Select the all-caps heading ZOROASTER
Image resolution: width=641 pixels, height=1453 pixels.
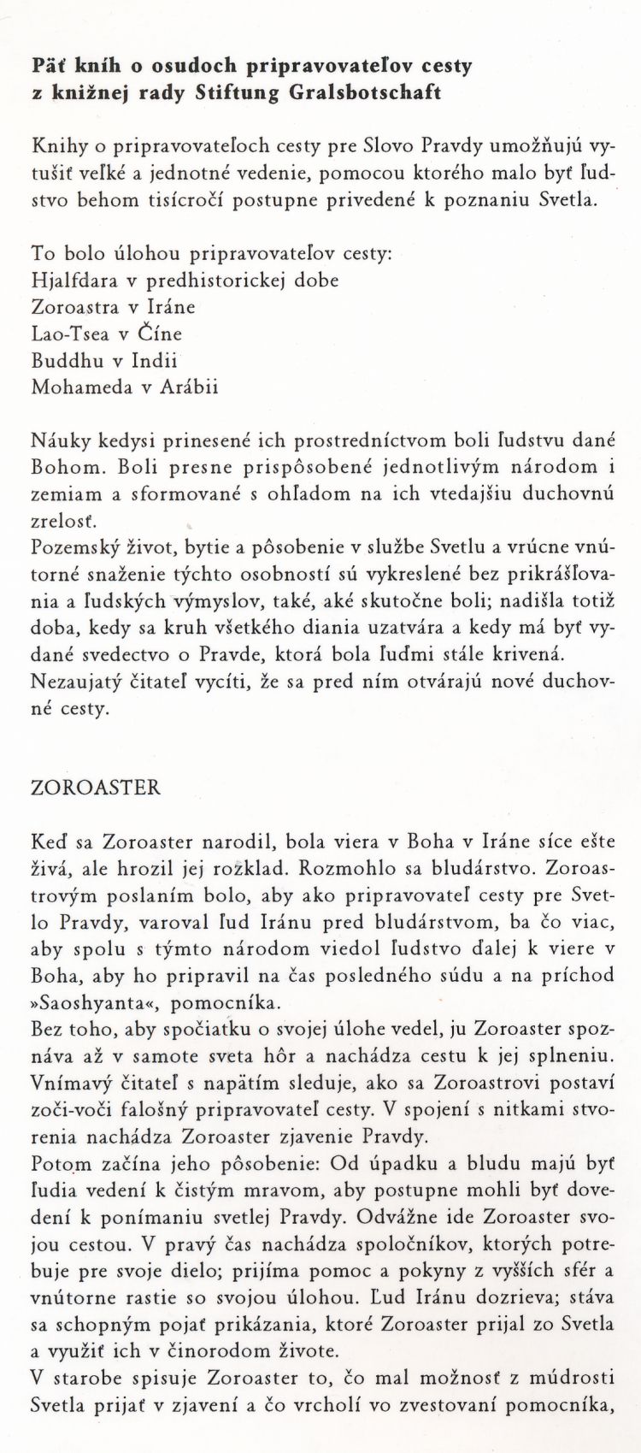(95, 787)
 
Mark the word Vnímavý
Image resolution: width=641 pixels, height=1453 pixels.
(68, 1082)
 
